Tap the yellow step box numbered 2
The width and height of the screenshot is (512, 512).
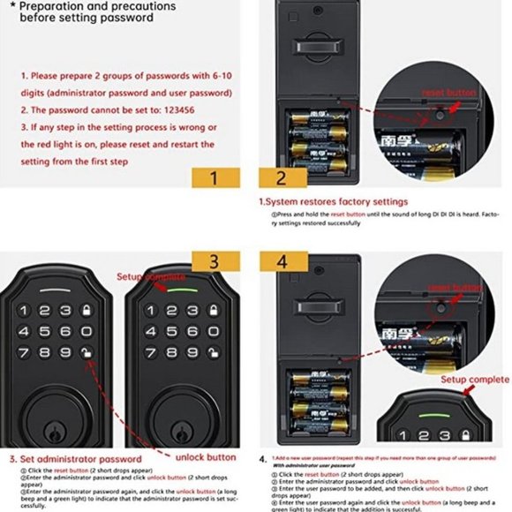click(x=281, y=176)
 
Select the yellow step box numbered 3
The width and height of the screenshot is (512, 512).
click(x=213, y=262)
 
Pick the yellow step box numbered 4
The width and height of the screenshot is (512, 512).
click(x=281, y=262)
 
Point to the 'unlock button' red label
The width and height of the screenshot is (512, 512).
click(x=206, y=457)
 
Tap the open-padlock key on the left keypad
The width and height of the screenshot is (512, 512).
click(x=86, y=352)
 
